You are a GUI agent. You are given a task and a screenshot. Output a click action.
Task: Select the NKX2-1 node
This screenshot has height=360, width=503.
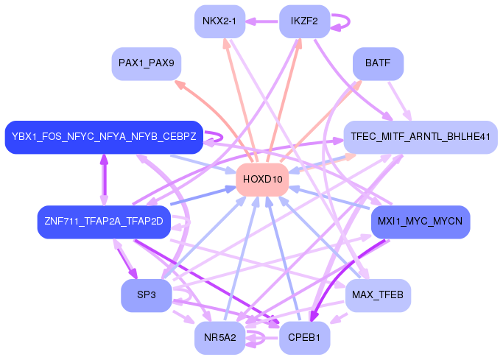pos(219,21)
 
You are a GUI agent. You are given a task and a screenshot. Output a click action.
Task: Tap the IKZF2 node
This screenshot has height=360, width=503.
pos(304,21)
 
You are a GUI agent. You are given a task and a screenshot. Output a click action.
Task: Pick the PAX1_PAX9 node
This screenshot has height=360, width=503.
pos(146,64)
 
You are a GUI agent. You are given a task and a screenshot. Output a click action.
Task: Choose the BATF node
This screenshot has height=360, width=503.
pos(377,64)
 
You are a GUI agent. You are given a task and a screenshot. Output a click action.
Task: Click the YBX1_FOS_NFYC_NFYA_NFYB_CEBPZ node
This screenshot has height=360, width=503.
pos(103,137)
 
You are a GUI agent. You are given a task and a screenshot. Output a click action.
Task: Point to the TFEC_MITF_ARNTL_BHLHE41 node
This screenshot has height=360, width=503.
pos(420,137)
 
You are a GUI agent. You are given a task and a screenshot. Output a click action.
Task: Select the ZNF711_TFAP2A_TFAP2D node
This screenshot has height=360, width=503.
pos(103,222)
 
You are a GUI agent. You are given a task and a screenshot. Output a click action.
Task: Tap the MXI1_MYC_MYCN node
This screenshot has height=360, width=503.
pos(420,222)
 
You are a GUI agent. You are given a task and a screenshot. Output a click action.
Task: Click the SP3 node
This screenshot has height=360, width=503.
pos(146,295)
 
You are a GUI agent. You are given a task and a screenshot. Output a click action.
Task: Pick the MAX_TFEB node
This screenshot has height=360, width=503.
pos(377,295)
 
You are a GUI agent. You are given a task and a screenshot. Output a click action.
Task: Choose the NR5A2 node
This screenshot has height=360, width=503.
pos(219,338)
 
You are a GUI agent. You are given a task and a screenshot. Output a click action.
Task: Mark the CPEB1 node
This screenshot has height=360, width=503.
pos(304,338)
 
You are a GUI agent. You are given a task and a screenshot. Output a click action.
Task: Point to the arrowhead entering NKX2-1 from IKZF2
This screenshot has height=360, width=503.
pos(250,21)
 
